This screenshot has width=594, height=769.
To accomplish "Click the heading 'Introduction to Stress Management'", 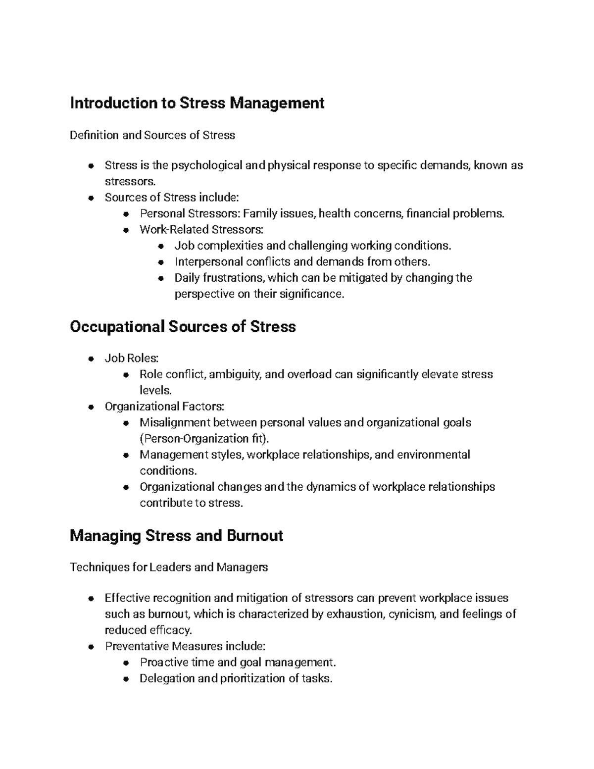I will click(197, 103).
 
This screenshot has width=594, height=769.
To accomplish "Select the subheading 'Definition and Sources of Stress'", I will click(152, 135).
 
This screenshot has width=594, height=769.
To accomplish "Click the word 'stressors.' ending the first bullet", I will click(126, 181).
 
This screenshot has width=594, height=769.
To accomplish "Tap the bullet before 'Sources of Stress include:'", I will click(91, 198).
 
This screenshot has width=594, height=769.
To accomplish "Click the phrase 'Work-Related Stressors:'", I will click(201, 230).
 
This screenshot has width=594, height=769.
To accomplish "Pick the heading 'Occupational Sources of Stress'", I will click(183, 327).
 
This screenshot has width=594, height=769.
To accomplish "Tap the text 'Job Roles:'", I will click(132, 358).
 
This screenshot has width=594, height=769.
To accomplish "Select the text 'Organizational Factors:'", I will click(164, 407).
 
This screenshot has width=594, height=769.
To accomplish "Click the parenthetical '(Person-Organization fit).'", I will click(205, 439).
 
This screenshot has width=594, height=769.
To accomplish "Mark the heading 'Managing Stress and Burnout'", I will click(176, 536).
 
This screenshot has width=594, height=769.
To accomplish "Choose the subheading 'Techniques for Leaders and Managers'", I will click(169, 567).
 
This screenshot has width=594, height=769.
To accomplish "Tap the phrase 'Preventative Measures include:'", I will click(185, 646).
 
